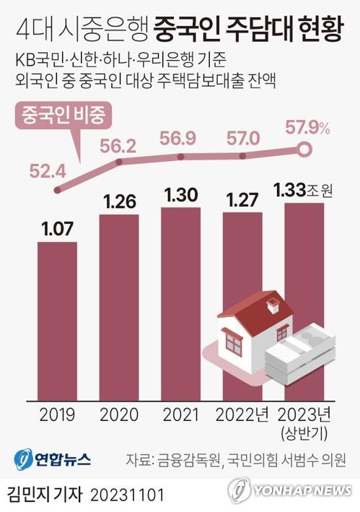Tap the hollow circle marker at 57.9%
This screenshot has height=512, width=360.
(x=304, y=150)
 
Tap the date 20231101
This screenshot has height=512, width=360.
(x=128, y=496)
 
